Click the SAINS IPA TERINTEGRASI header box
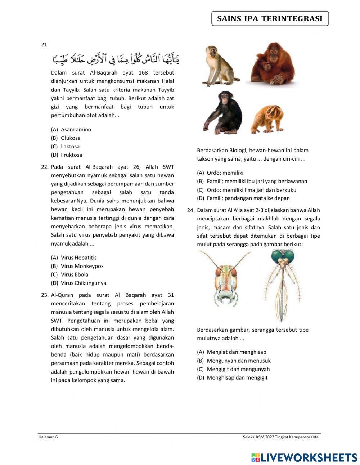270,19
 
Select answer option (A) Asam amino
71,129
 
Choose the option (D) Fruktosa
67,155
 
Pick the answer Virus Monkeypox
77,266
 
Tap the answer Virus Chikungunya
79,283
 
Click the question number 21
45,45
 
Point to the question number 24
191,210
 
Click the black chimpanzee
224,112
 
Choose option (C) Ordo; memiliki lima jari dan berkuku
247,190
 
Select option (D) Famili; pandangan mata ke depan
243,198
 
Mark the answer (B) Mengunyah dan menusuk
234,361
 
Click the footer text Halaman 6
48,437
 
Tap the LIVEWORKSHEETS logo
304,457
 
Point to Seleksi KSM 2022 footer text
280,437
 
